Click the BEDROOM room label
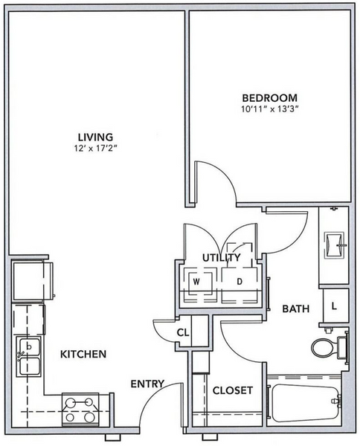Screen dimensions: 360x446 (x=269, y=98)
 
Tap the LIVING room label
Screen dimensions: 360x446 (x=96, y=137)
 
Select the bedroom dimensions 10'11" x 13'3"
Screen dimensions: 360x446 (x=269, y=109)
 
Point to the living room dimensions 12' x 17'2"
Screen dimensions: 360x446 (x=96, y=149)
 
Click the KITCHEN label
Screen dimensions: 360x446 (x=83, y=354)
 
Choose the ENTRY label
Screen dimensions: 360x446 (x=147, y=384)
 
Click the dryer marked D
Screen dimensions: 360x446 (x=240, y=285)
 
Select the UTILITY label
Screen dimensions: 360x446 (x=222, y=258)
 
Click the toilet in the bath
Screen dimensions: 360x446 (x=330, y=347)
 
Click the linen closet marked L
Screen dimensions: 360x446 (x=335, y=306)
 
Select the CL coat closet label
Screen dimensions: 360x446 (x=183, y=332)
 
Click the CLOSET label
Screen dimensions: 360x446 (x=233, y=390)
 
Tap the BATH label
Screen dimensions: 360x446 (x=296, y=308)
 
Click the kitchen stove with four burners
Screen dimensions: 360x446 (x=80, y=410)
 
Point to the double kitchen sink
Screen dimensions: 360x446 (x=28, y=357)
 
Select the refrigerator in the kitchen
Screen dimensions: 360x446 (x=32, y=281)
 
